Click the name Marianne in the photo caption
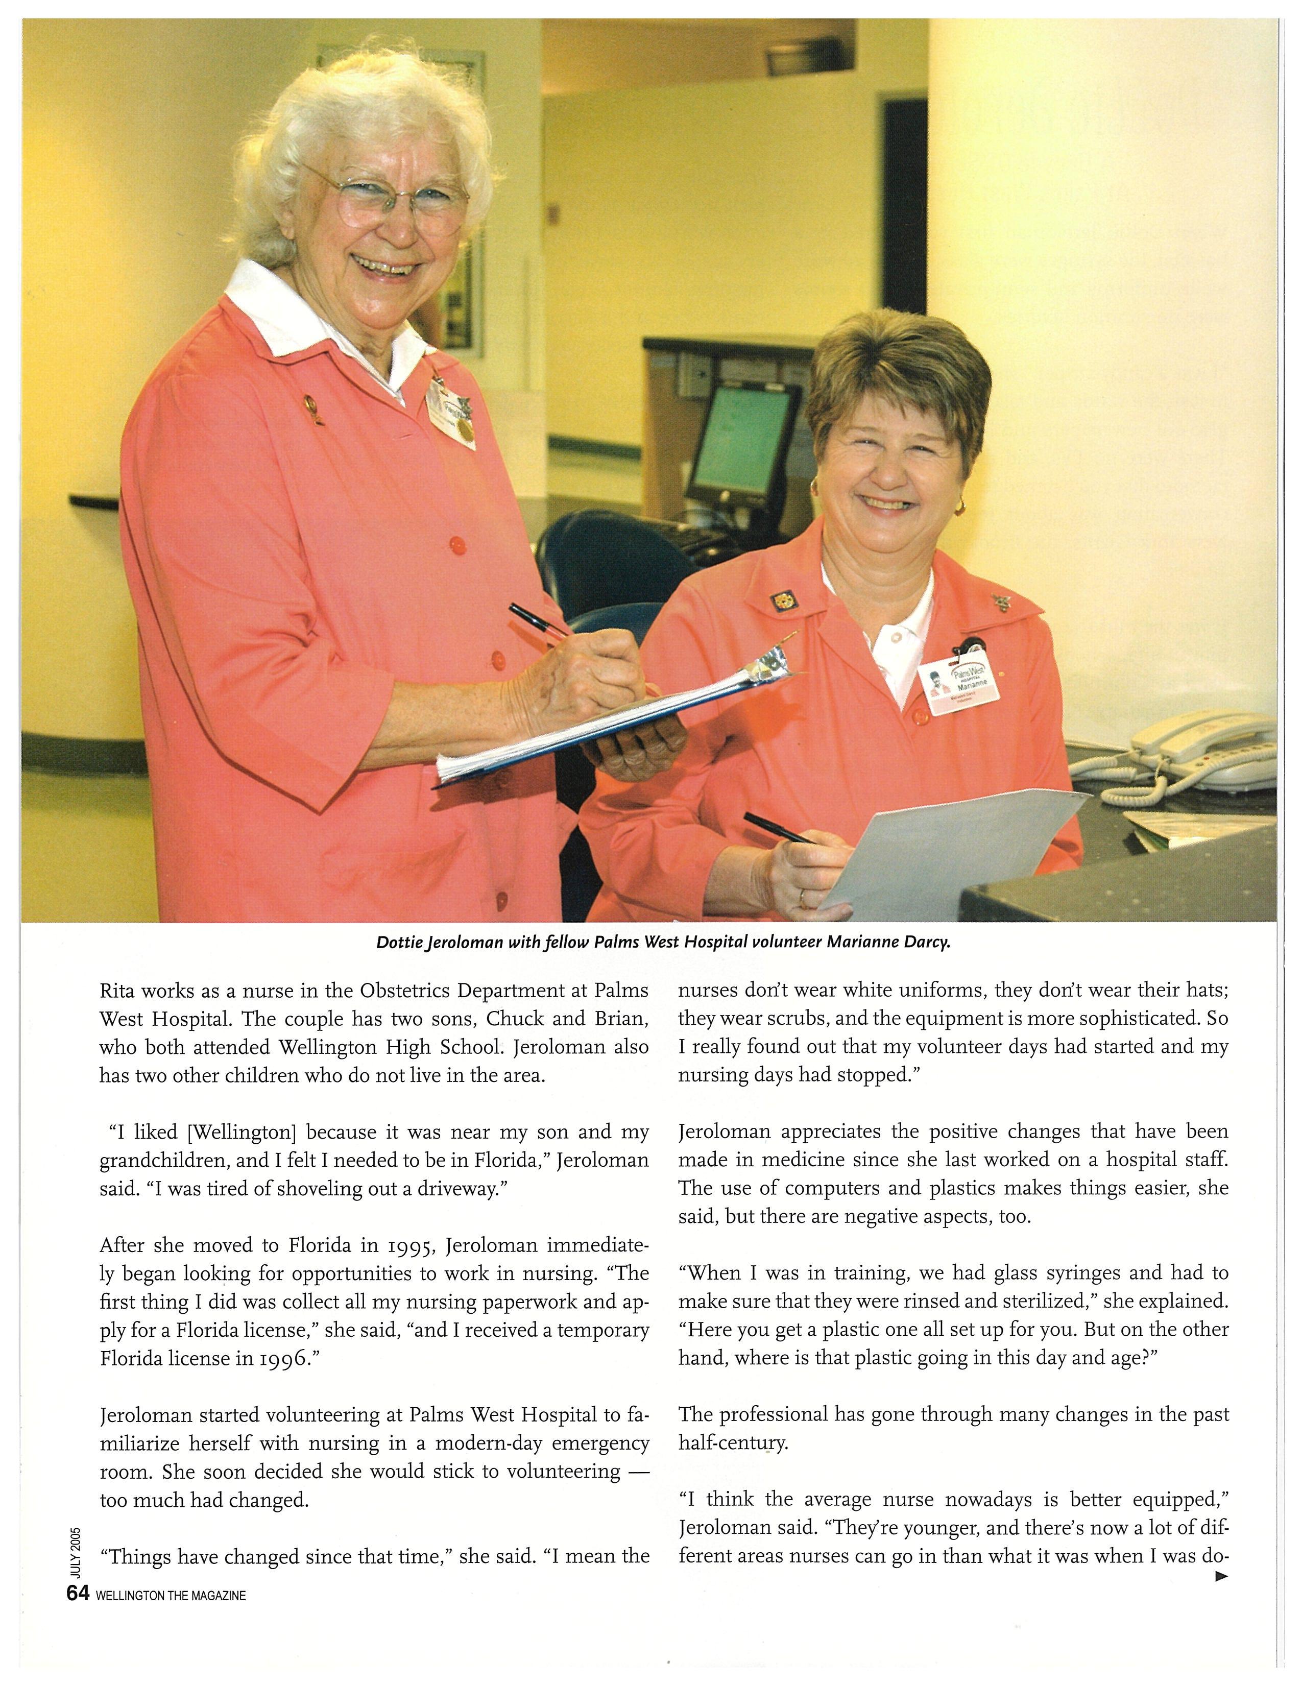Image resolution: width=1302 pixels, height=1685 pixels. pos(865,943)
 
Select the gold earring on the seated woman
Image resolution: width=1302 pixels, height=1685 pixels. pos(959,507)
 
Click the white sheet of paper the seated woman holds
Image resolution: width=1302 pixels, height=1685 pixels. pos(956,856)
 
